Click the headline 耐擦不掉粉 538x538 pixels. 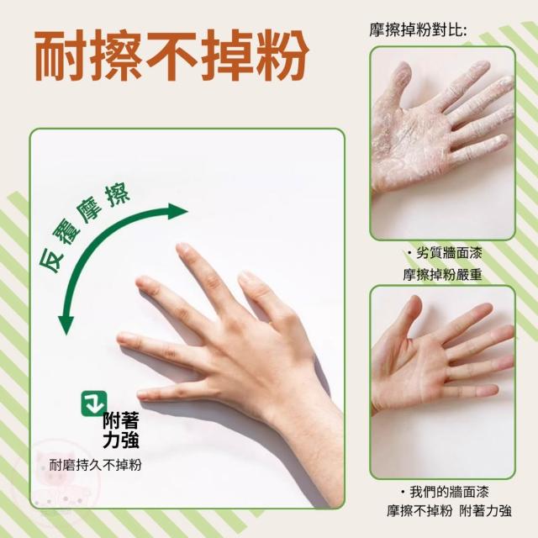coord(171,55)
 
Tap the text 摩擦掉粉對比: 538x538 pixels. coord(419,30)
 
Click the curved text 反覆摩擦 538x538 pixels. coord(84,228)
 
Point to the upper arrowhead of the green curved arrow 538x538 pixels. coord(177,211)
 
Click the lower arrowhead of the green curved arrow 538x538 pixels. coord(66,324)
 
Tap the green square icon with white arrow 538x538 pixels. coord(93,403)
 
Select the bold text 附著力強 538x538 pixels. coord(121,430)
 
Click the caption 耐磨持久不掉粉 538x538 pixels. coord(95,465)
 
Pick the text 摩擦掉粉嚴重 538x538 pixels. coord(443,275)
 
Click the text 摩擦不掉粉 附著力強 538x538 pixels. coord(449,511)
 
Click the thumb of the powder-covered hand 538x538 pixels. coord(398,82)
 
